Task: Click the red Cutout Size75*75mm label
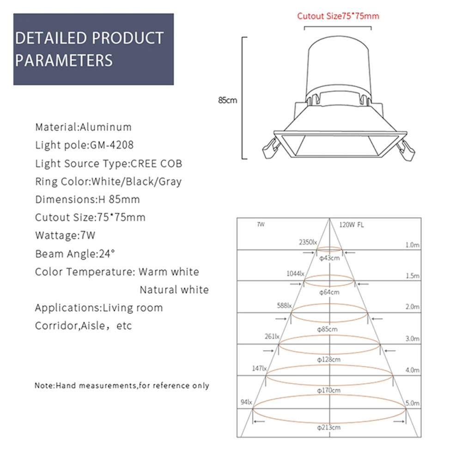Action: [338, 16]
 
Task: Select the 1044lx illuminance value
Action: [295, 274]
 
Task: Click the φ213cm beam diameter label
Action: [329, 427]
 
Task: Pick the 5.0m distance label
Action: [412, 403]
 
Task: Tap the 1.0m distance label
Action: [412, 245]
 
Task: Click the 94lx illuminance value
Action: [246, 402]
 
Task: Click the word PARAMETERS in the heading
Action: [64, 61]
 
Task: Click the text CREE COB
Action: [157, 163]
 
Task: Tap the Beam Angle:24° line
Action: [75, 254]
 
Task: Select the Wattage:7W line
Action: [65, 235]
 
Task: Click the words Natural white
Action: [174, 290]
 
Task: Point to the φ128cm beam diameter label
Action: [329, 359]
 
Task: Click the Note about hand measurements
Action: [122, 385]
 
